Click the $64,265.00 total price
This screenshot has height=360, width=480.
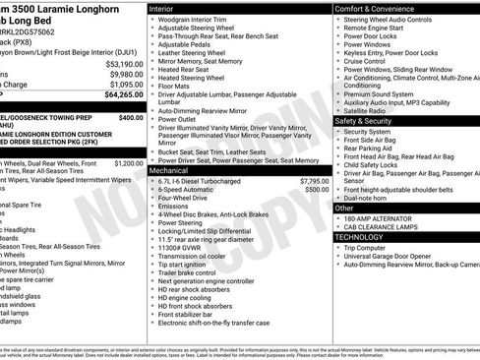pyautogui.click(x=111, y=95)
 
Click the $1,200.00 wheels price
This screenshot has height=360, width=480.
pyautogui.click(x=128, y=163)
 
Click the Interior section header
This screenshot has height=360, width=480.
pyautogui.click(x=162, y=8)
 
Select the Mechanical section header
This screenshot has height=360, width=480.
pyautogui.click(x=171, y=170)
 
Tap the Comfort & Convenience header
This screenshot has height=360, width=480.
pyautogui.click(x=378, y=8)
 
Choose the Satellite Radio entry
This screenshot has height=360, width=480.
pyautogui.click(x=368, y=110)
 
